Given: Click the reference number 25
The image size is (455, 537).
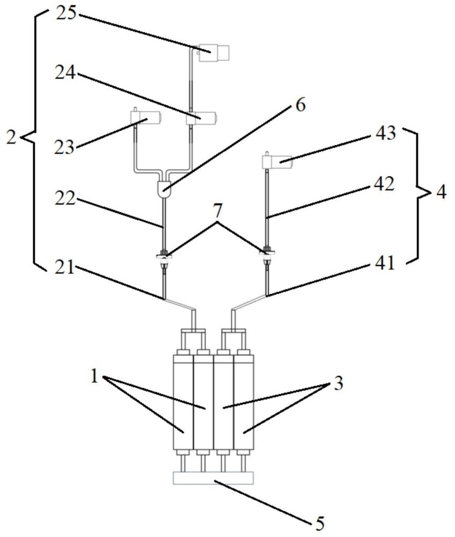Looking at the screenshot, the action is (67, 14).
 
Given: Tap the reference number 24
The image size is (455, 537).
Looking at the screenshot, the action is (65, 72).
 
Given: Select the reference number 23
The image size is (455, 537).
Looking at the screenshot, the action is (64, 148).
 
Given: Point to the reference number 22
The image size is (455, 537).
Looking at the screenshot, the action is (65, 199).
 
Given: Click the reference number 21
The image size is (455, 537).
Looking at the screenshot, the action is (65, 266).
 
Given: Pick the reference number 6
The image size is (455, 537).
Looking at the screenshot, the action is (300, 105).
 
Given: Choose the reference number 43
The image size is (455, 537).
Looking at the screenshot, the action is (386, 133).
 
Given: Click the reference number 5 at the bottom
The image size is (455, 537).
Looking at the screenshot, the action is (320, 523).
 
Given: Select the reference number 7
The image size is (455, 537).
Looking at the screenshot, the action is (218, 212).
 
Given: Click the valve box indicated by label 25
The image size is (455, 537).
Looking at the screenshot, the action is (214, 53).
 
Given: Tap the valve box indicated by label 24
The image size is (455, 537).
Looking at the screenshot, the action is (201, 118).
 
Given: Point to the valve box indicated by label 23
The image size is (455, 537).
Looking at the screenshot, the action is (145, 118).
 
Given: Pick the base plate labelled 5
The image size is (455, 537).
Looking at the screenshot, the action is (214, 478).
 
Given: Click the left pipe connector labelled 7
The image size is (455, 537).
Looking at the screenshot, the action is (165, 259).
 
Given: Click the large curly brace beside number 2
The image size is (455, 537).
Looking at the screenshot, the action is (33, 139).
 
